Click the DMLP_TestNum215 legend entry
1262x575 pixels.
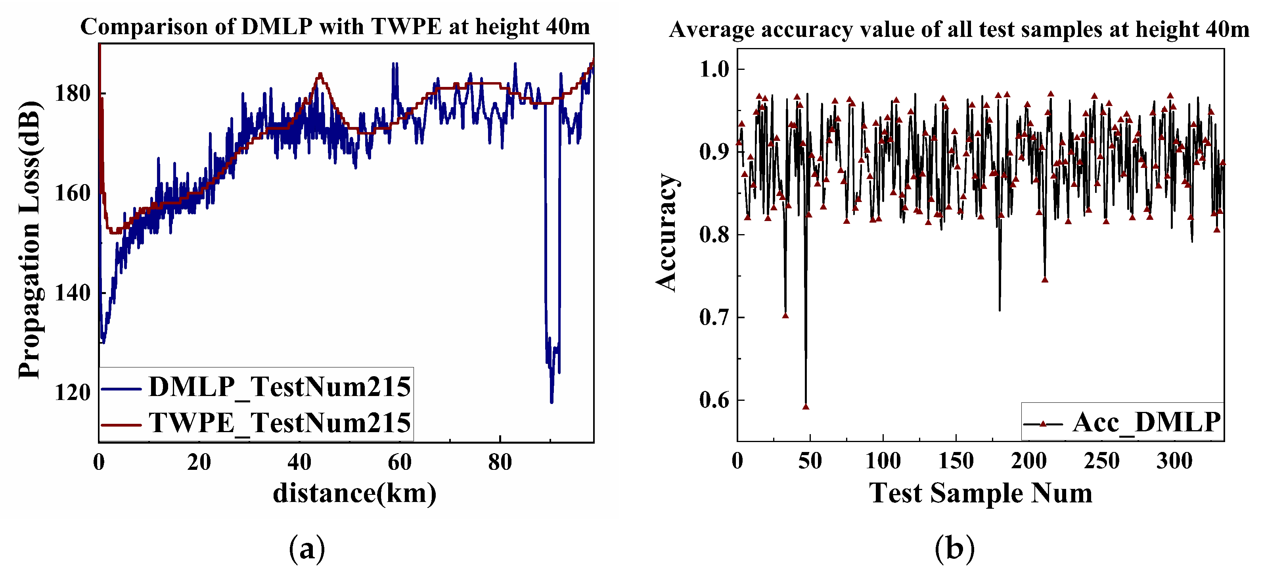pos(279,387)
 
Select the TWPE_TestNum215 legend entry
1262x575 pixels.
pos(279,423)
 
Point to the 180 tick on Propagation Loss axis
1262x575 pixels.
pos(73,93)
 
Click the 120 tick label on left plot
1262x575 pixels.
pos(73,392)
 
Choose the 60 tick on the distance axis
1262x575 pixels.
pos(400,462)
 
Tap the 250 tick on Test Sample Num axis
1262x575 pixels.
pos(1102,461)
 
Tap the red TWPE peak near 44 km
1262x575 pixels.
pos(320,74)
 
